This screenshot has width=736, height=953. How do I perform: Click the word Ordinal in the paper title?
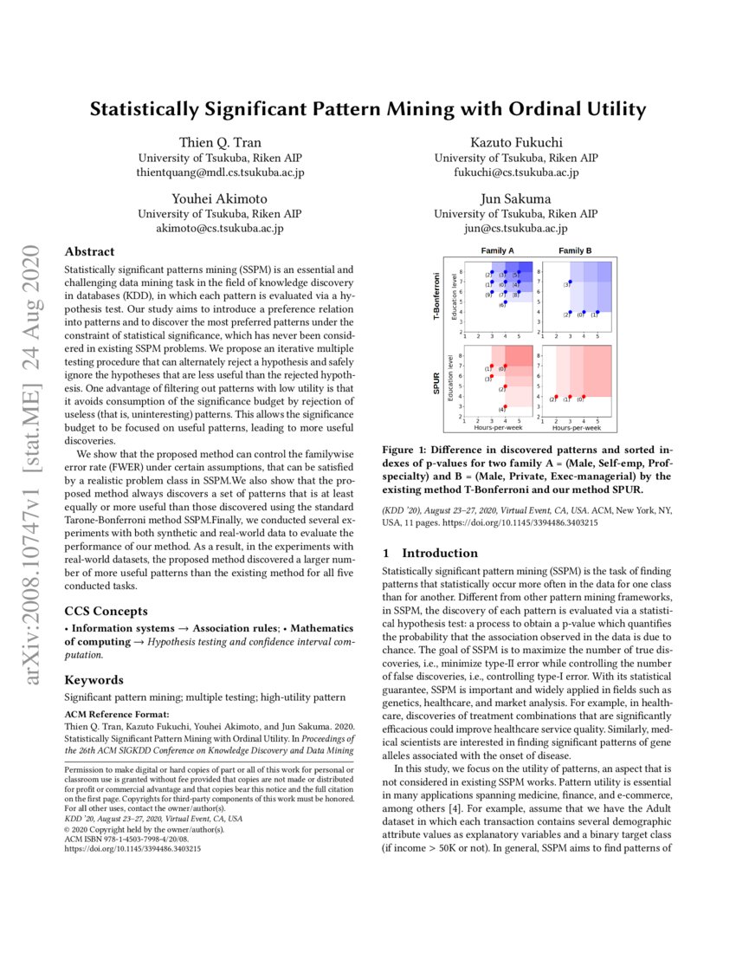pos(541,110)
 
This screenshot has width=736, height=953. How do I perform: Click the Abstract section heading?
pos(89,252)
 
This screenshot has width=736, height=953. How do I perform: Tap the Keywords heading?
pos(94,679)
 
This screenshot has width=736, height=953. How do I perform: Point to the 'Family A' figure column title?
pos(498,251)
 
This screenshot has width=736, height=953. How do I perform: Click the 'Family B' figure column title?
pos(575,251)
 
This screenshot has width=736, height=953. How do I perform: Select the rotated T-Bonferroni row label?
pos(439,295)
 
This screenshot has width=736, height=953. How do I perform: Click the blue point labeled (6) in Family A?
pos(505,302)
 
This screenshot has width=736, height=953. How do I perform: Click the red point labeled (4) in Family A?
pos(505,405)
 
